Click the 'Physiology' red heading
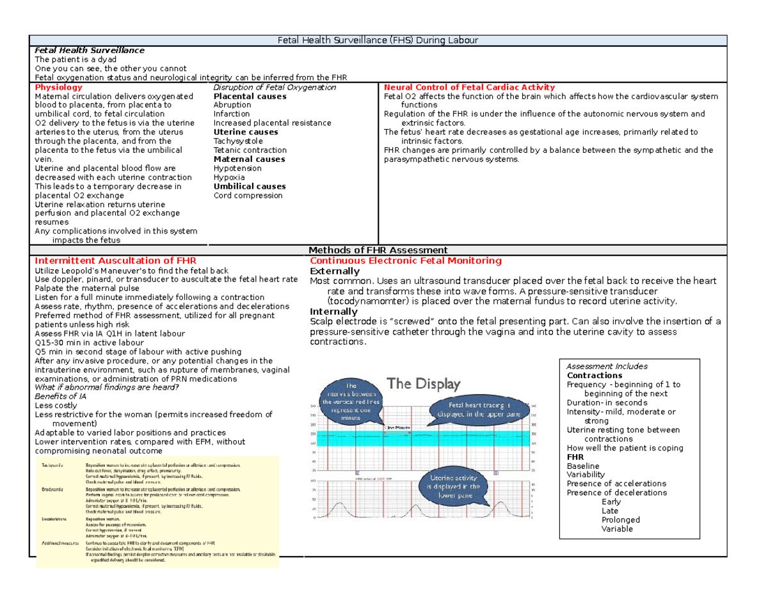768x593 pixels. pos(58,87)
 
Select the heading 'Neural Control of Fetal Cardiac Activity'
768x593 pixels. pos(469,87)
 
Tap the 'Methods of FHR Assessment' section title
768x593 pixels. pos(378,250)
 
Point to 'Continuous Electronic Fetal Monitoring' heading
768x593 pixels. pos(405,261)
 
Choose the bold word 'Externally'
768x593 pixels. pos(335,271)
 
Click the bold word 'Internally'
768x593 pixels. pos(333,312)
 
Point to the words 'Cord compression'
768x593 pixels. pos(248,196)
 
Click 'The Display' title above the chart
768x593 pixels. pos(424,384)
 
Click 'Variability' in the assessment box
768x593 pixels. pos(586,475)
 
